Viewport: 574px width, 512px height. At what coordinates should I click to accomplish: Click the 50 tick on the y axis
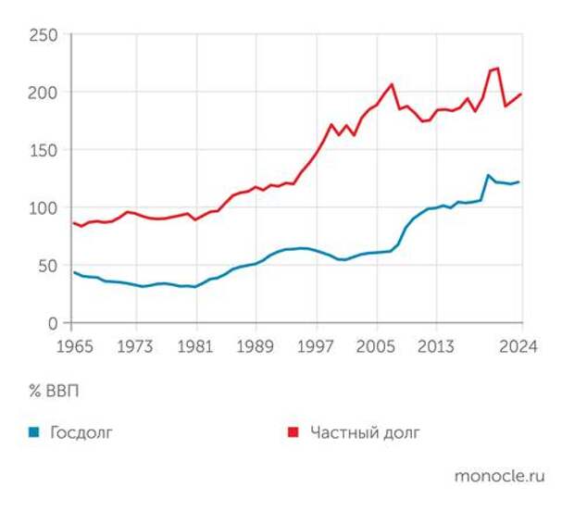[x=47, y=266]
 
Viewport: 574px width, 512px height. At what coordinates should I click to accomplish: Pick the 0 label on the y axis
[x=53, y=323]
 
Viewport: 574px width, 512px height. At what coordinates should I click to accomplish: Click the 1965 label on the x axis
[x=71, y=346]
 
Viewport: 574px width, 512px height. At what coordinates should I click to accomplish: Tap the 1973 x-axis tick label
[x=136, y=346]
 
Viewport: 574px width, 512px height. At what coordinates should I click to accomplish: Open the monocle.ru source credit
[x=499, y=476]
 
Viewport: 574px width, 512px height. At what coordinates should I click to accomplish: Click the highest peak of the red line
[x=497, y=68]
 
